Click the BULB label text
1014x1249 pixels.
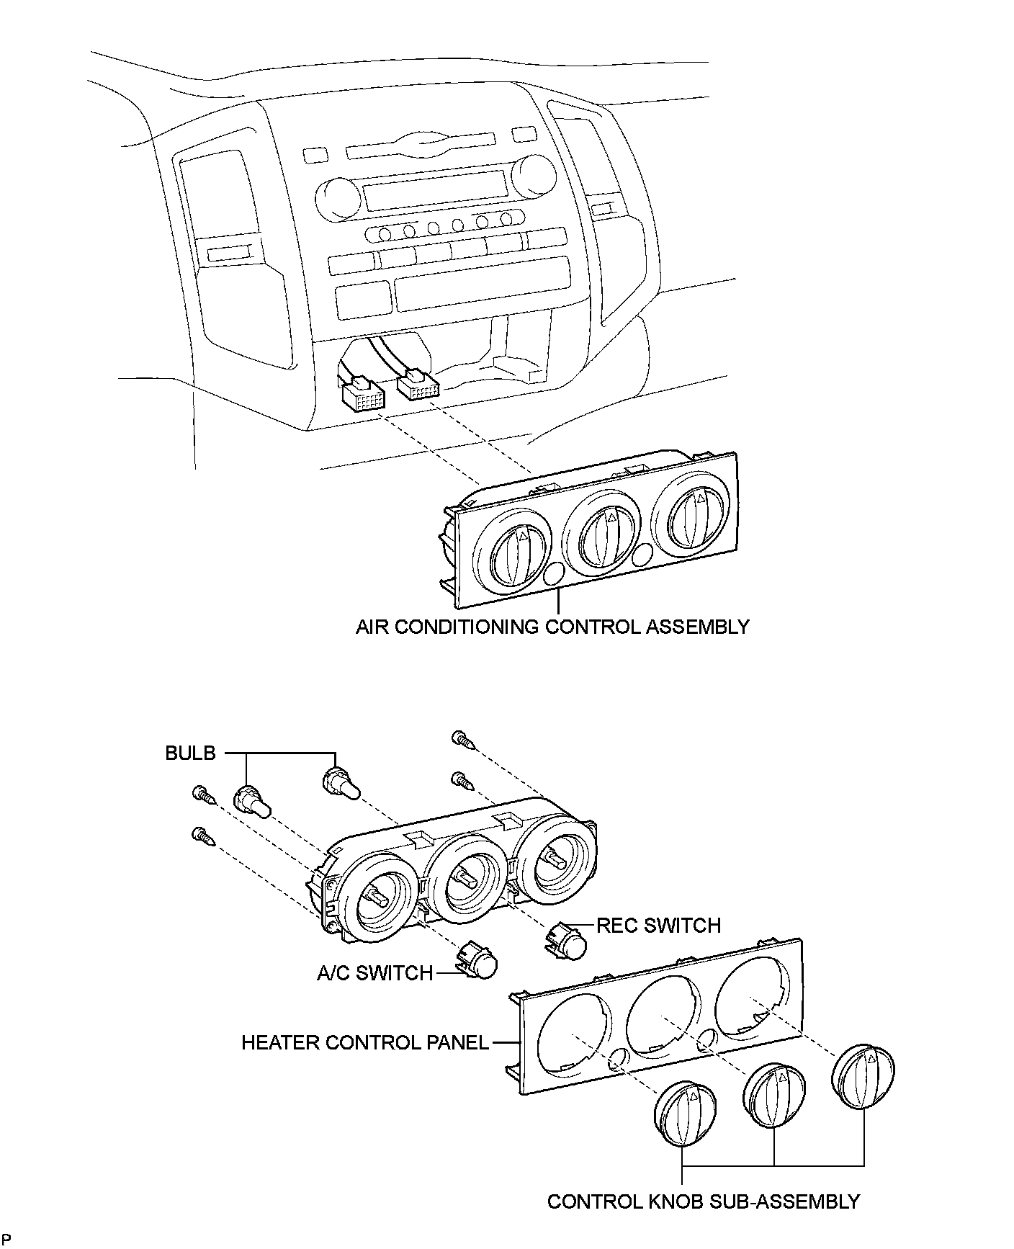(x=190, y=753)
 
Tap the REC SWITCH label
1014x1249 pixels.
(x=658, y=926)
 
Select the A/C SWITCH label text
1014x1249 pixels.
(x=374, y=974)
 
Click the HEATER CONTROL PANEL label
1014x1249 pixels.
(x=364, y=1042)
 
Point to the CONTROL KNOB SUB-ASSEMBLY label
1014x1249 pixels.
(x=703, y=1201)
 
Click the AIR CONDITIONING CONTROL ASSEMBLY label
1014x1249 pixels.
(x=552, y=627)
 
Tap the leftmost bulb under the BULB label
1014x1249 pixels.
(x=251, y=802)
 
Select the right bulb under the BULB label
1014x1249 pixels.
(x=341, y=784)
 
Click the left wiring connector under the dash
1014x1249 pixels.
(x=363, y=396)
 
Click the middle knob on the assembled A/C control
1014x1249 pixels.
(x=600, y=537)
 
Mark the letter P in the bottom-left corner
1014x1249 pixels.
(x=6, y=1238)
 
